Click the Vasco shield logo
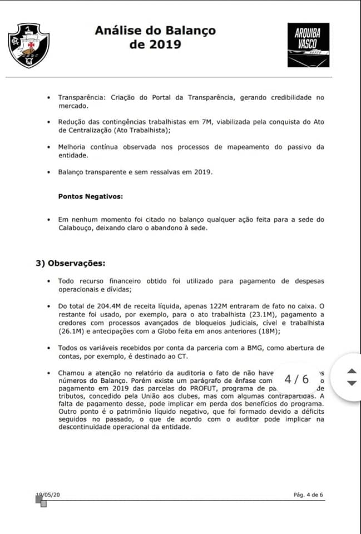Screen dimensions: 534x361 pos(28,45)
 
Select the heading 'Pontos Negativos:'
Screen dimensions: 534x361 pos(91,196)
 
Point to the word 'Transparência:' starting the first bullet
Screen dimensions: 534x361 pos(83,97)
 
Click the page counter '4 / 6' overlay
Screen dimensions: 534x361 pos(296,379)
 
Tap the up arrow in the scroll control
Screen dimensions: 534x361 pos(351,371)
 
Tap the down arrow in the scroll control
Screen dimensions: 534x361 pos(351,383)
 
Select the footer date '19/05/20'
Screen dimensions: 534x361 pos(48,495)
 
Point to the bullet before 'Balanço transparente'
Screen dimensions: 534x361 pos(50,172)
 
